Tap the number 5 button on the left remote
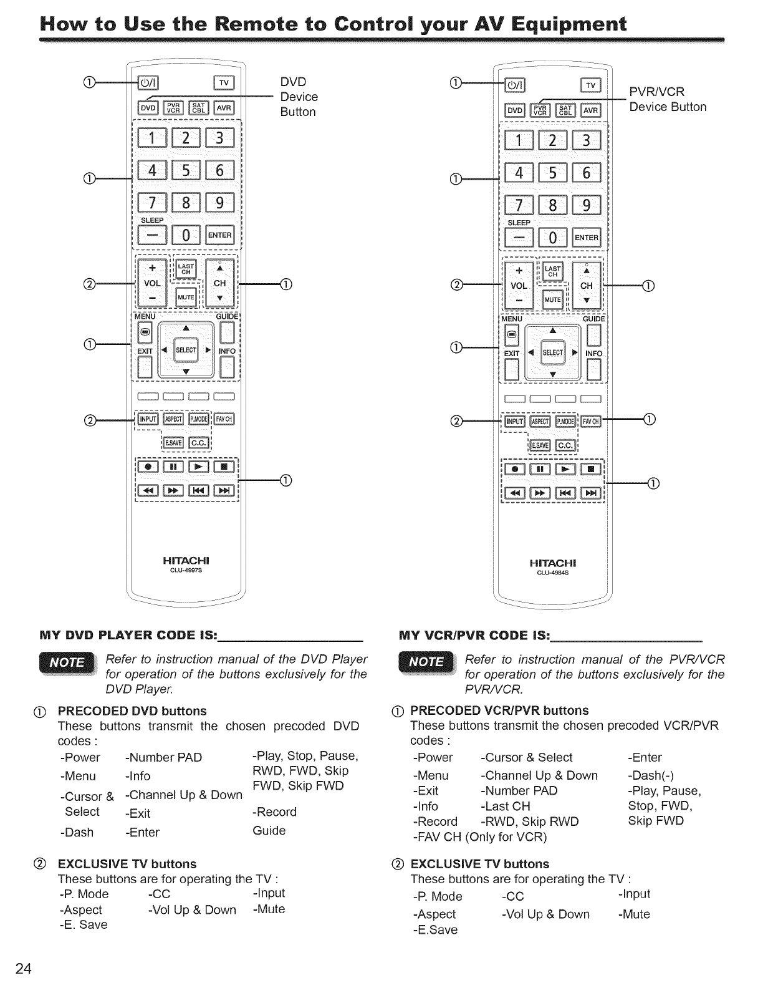point(186,170)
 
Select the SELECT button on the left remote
point(186,350)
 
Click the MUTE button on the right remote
point(553,299)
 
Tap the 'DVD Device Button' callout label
point(299,97)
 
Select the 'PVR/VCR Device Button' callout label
point(667,100)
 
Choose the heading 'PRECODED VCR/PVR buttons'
point(499,710)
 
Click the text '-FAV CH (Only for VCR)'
point(479,836)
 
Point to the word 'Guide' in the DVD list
point(269,831)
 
